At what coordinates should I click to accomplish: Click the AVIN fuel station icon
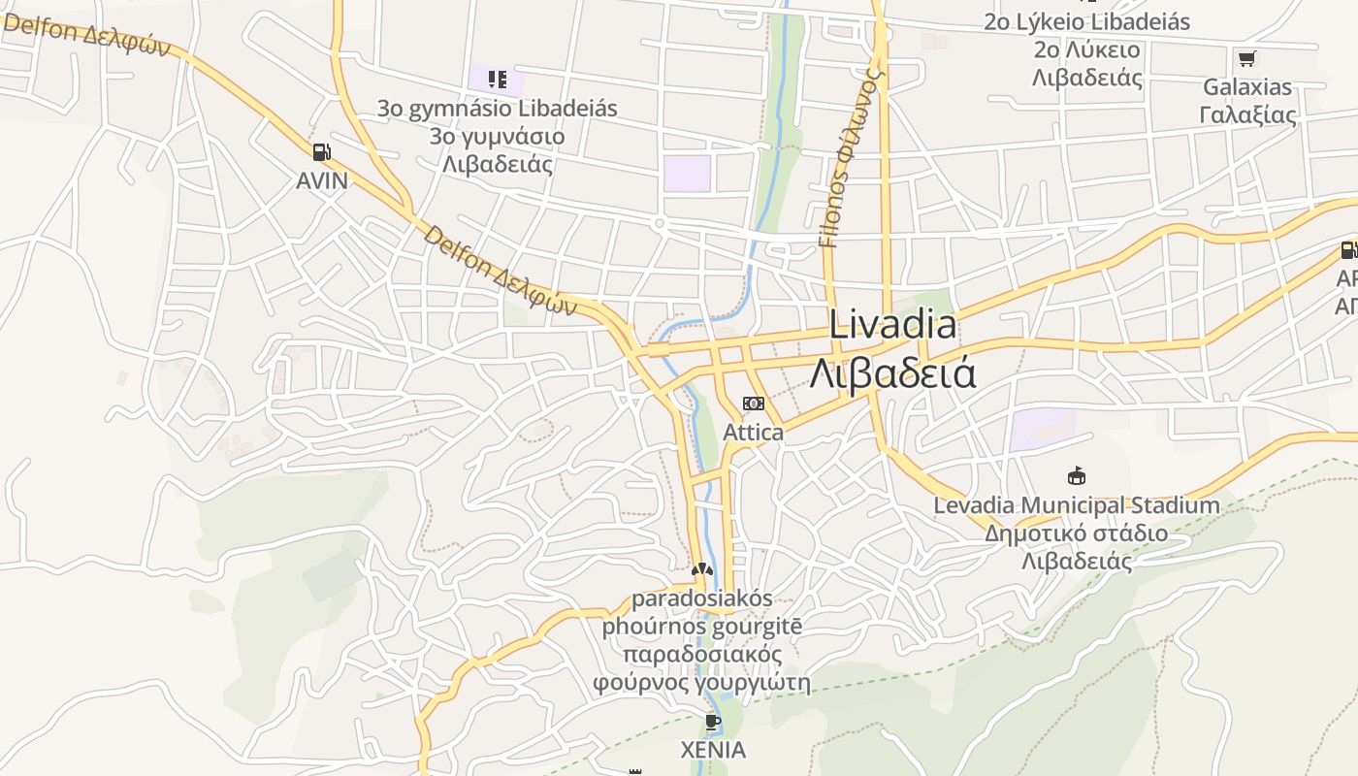pyautogui.click(x=322, y=151)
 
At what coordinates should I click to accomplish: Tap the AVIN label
pyautogui.click(x=322, y=180)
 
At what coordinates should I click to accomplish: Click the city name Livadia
pyautogui.click(x=892, y=325)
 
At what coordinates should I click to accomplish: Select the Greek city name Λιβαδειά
pyautogui.click(x=892, y=373)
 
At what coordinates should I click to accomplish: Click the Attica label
pyautogui.click(x=754, y=432)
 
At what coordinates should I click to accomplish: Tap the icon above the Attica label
pyautogui.click(x=754, y=404)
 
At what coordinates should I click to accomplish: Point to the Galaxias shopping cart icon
pyautogui.click(x=1247, y=59)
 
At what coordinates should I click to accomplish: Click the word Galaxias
pyautogui.click(x=1247, y=87)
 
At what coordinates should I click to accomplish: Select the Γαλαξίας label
pyautogui.click(x=1247, y=115)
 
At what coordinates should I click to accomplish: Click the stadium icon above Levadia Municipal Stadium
pyautogui.click(x=1077, y=476)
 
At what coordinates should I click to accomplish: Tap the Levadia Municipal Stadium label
pyautogui.click(x=1077, y=505)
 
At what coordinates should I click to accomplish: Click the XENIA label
pyautogui.click(x=713, y=750)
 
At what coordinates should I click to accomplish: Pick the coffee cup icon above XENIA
pyautogui.click(x=713, y=722)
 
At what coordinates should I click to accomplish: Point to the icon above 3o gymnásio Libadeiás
pyautogui.click(x=498, y=79)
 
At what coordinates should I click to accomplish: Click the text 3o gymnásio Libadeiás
pyautogui.click(x=498, y=108)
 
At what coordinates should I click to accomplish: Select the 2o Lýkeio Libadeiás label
pyautogui.click(x=1087, y=21)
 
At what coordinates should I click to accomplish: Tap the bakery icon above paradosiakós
pyautogui.click(x=702, y=569)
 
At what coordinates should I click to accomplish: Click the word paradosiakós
pyautogui.click(x=702, y=598)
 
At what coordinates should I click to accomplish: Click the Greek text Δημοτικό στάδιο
pyautogui.click(x=1077, y=533)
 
